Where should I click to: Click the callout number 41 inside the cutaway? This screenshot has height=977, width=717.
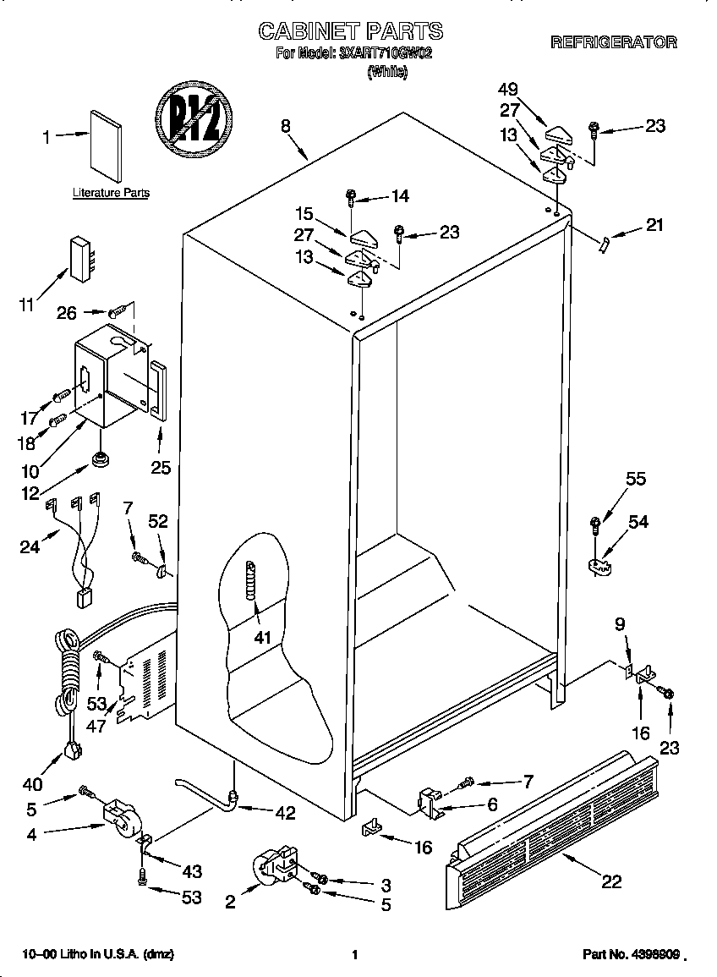262,637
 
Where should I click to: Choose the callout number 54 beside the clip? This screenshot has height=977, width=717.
638,522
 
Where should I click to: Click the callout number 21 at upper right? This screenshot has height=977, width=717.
654,225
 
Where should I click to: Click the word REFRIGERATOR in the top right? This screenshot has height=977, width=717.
614,42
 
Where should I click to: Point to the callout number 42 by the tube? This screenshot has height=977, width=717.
285,814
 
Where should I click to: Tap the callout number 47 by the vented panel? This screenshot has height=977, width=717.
96,725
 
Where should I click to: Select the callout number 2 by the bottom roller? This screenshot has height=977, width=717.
230,902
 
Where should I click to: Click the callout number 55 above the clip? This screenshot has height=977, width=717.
635,479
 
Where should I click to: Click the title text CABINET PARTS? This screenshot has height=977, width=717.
350,31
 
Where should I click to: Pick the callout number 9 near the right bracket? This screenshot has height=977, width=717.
620,626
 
